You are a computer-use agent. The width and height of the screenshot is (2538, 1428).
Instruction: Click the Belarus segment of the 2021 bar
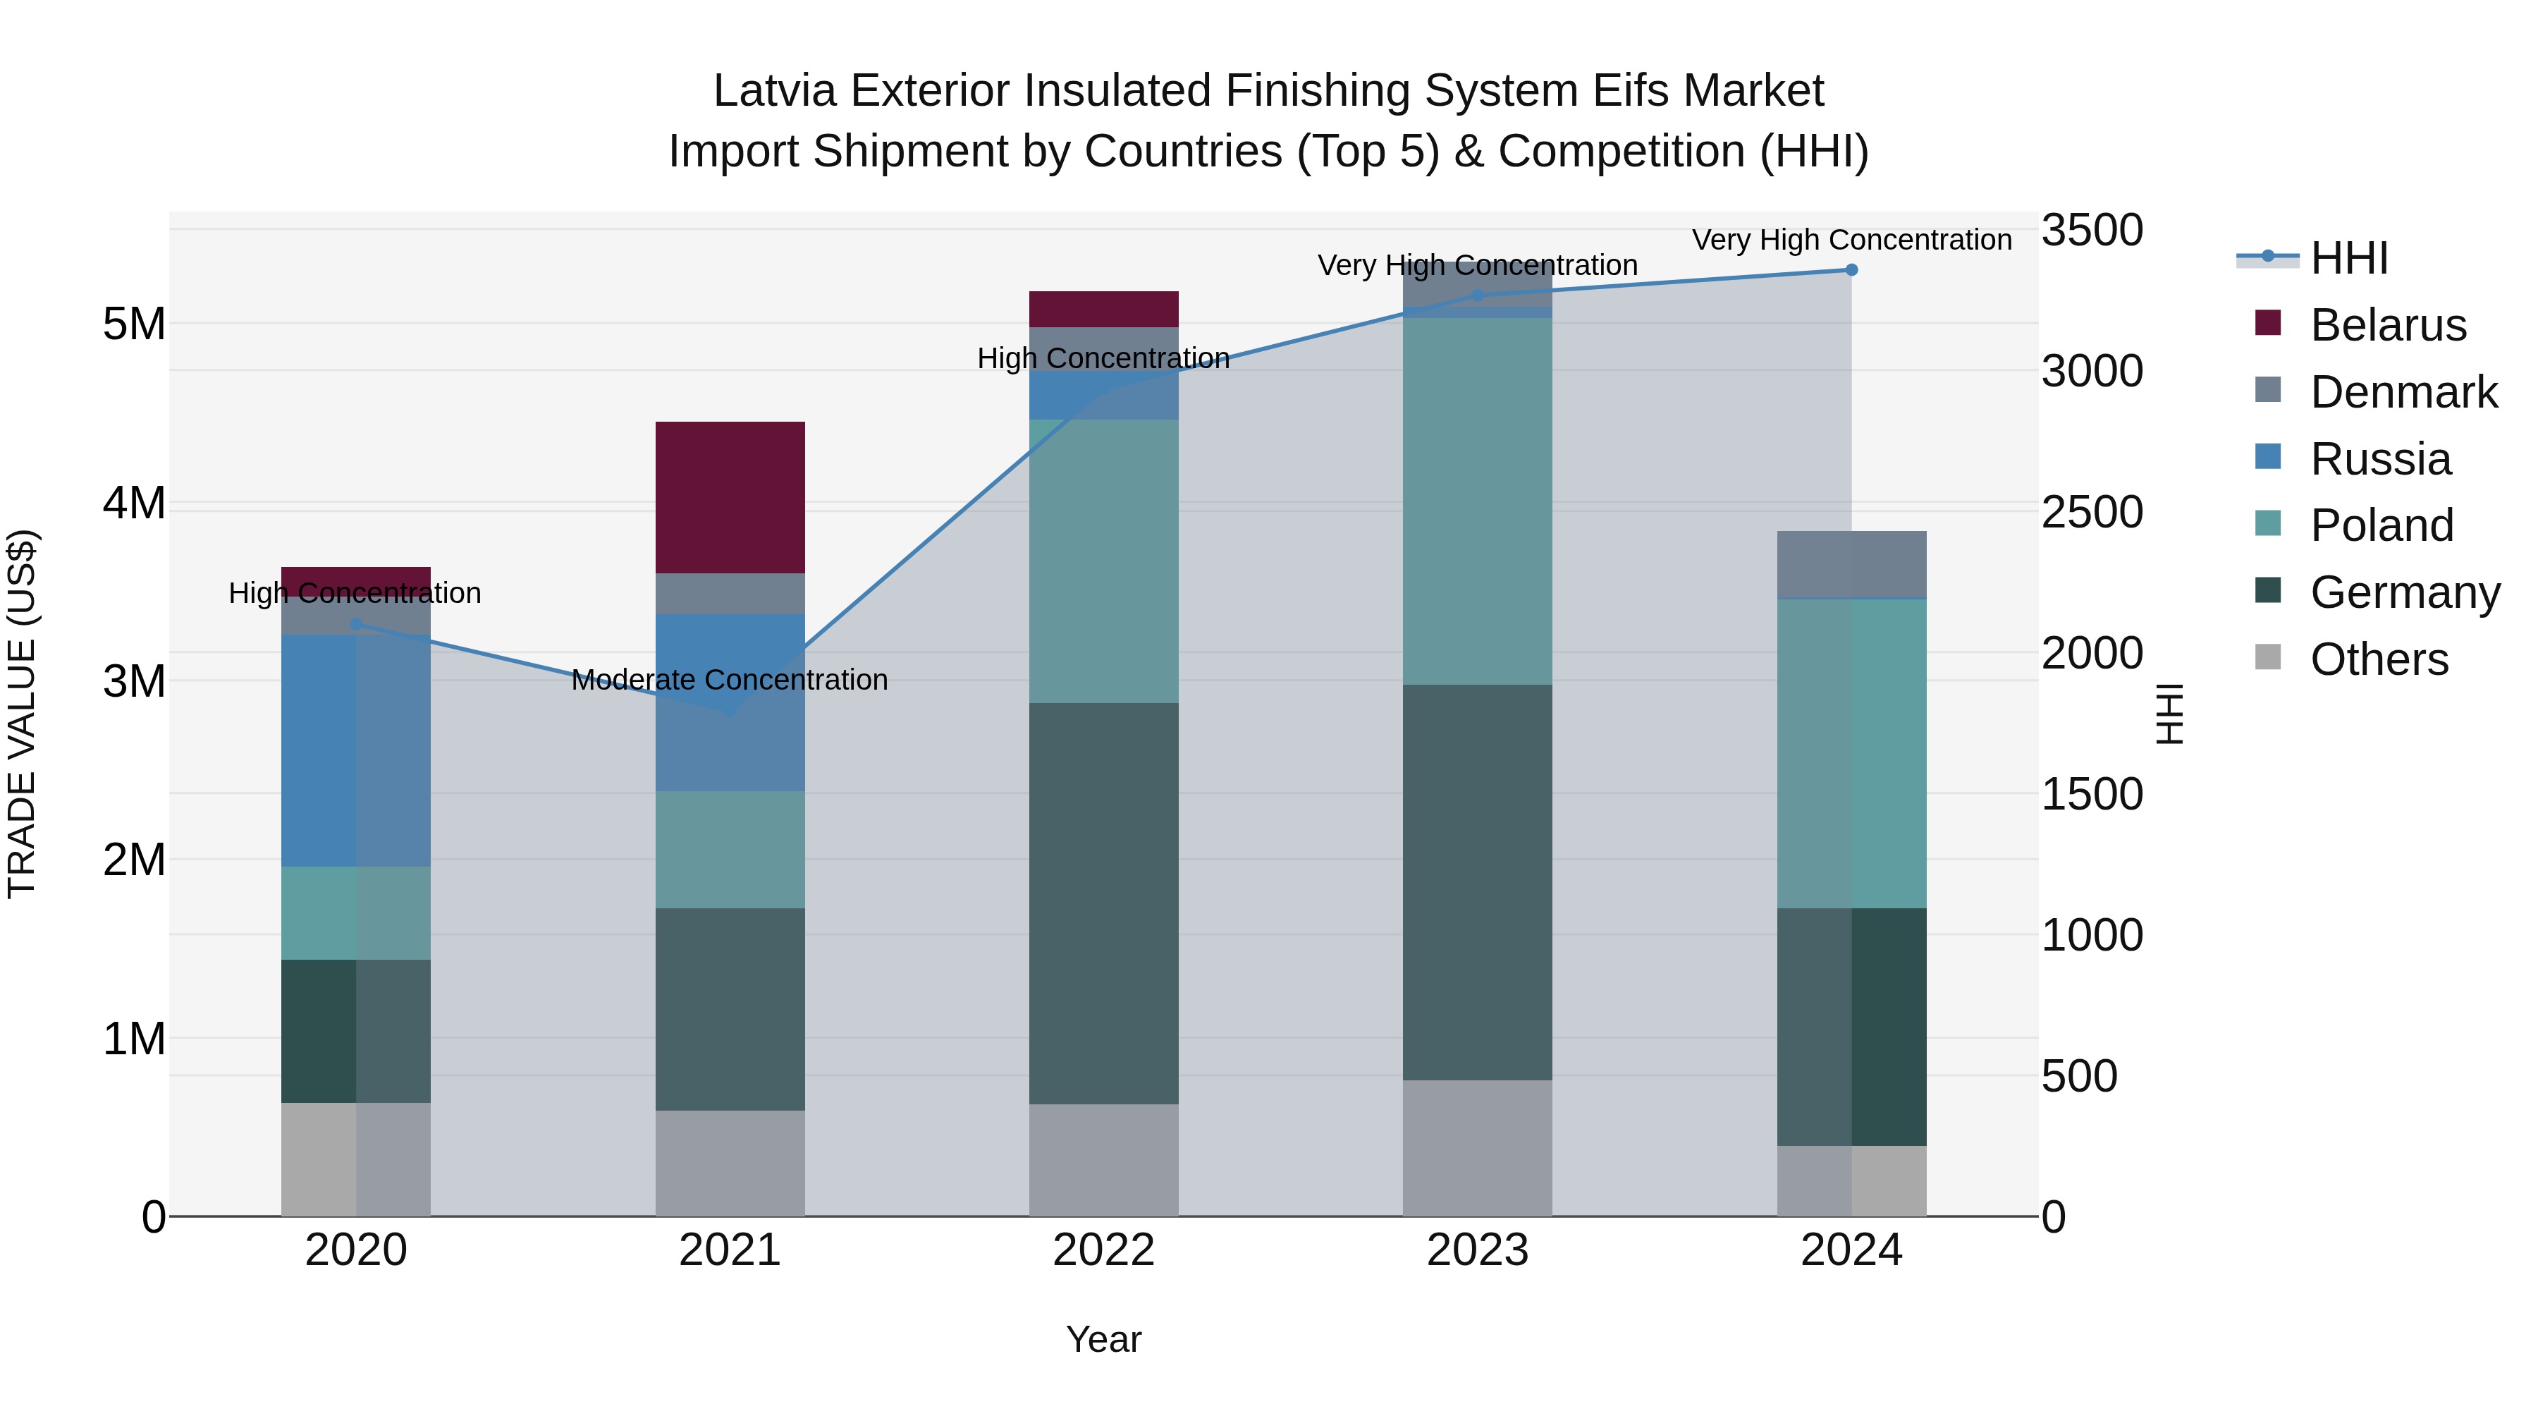click(x=730, y=498)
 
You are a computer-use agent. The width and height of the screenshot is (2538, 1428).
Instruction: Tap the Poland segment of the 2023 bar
click(x=1477, y=501)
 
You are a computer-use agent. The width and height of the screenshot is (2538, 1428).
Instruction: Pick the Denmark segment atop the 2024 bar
click(x=1851, y=563)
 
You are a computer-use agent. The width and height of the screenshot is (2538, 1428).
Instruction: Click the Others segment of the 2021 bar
click(x=730, y=1163)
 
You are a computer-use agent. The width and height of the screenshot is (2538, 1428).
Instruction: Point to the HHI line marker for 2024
click(x=1851, y=270)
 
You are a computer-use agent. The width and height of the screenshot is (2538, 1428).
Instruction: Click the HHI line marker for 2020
click(x=357, y=624)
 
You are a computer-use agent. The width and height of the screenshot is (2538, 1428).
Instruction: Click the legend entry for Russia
click(x=2379, y=459)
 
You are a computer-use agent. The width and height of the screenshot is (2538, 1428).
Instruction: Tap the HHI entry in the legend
click(x=2349, y=258)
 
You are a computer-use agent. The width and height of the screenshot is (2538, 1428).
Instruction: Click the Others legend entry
click(x=2379, y=659)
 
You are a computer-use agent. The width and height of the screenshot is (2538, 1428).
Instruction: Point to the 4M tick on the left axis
click(x=134, y=503)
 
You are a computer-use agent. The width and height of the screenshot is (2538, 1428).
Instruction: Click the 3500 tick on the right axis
click(x=2092, y=231)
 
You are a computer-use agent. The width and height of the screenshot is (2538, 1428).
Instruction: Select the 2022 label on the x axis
click(x=1103, y=1250)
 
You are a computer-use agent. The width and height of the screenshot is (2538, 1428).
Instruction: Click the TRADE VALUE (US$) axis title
click(x=22, y=714)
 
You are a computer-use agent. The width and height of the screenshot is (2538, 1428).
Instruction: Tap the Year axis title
click(x=1103, y=1339)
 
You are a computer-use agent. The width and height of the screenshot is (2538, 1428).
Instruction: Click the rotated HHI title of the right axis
click(x=2169, y=714)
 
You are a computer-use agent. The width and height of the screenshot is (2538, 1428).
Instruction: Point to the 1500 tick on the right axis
click(x=2092, y=794)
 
